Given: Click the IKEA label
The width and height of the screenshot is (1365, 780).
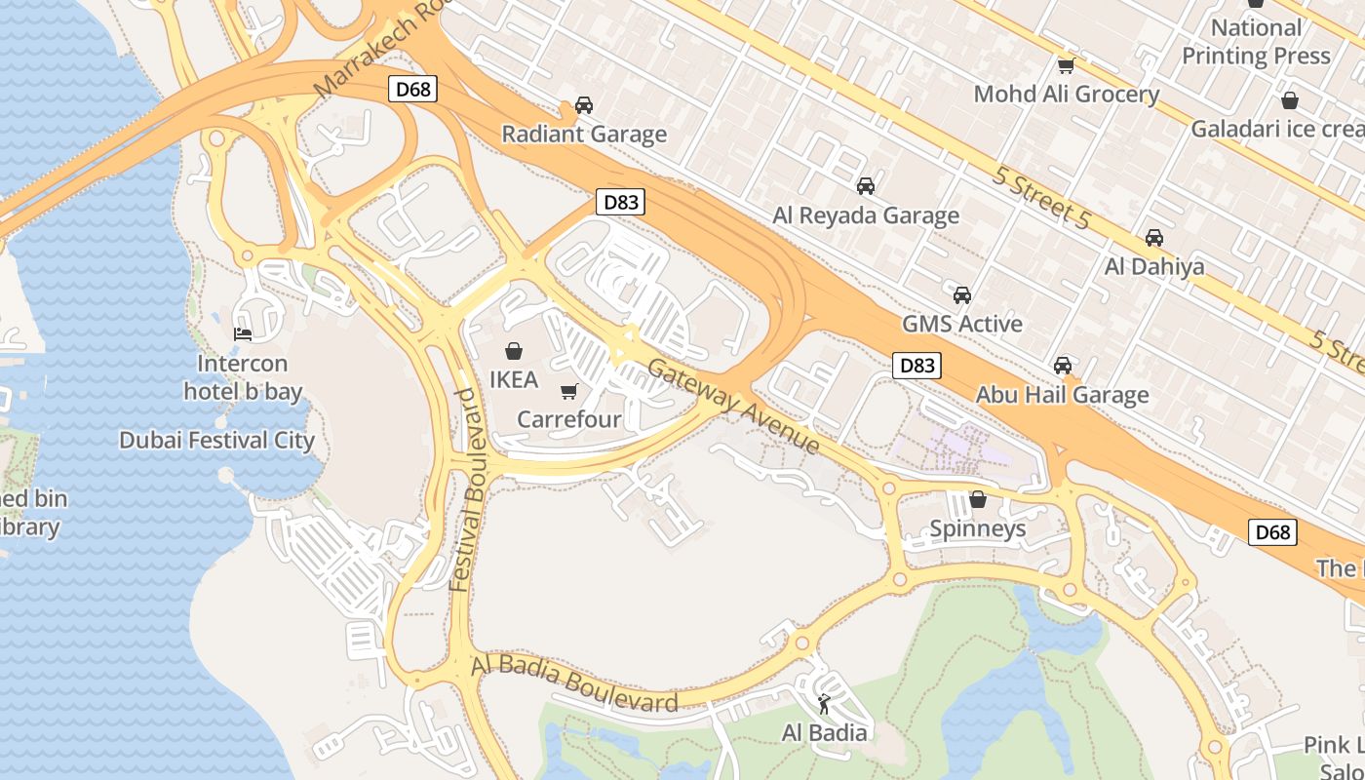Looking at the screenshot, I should pos(514,379).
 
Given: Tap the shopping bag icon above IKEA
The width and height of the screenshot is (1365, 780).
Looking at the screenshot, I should pos(514,351).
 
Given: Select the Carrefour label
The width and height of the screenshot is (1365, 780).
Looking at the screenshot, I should pos(568,419).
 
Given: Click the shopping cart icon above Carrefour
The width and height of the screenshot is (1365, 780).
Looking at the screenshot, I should pos(569,392).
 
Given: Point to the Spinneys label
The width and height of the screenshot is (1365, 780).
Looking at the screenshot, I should pos(977,528).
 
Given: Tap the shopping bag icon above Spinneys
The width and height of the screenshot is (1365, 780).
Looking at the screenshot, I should pos(978,500).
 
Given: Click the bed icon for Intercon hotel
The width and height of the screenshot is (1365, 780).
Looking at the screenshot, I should pos(243,334).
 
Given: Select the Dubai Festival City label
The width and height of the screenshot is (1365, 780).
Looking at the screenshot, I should pos(216,441).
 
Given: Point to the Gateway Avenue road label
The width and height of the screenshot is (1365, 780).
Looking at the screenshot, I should pos(733,406).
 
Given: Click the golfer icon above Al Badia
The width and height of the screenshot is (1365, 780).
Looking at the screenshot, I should pos(825,704).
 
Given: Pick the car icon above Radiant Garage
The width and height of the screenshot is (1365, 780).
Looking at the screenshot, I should pos(584,105).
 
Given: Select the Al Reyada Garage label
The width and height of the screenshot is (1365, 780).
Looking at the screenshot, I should pos(866,215).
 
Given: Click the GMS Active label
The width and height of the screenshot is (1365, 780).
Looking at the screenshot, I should pos(961,324).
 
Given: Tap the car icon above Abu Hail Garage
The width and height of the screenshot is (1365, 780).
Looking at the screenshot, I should pos(1063,366).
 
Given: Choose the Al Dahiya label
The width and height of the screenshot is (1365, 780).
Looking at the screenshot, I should pos(1153,266).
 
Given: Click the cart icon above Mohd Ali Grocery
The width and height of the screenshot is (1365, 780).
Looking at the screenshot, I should pos(1066,66).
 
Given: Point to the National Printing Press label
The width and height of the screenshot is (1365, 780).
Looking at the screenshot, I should pos(1256,42).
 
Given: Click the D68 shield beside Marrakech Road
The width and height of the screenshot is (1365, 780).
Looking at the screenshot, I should pos(412,90).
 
